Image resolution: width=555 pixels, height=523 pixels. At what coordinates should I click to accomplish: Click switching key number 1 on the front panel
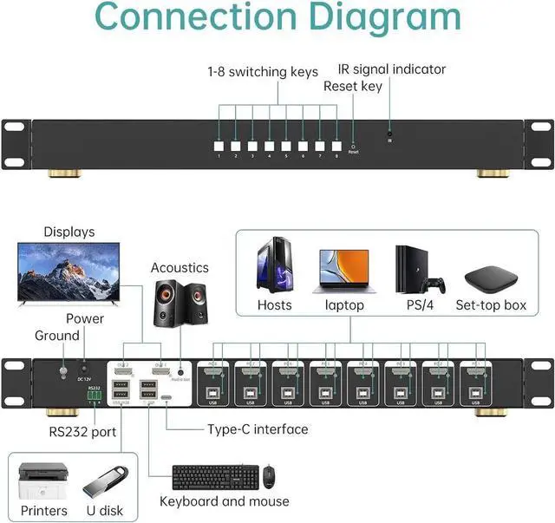click(219, 146)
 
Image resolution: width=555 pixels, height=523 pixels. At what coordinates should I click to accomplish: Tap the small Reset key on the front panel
click(353, 146)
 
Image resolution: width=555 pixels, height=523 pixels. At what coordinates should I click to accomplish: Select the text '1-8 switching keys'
click(263, 71)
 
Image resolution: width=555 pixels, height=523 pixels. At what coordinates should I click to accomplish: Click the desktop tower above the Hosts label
click(274, 265)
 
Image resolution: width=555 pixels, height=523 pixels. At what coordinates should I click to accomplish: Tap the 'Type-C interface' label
click(258, 429)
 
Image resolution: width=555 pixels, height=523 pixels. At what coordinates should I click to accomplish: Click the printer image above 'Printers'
click(42, 480)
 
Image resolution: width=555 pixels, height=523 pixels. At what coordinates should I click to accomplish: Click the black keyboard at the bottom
click(215, 476)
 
